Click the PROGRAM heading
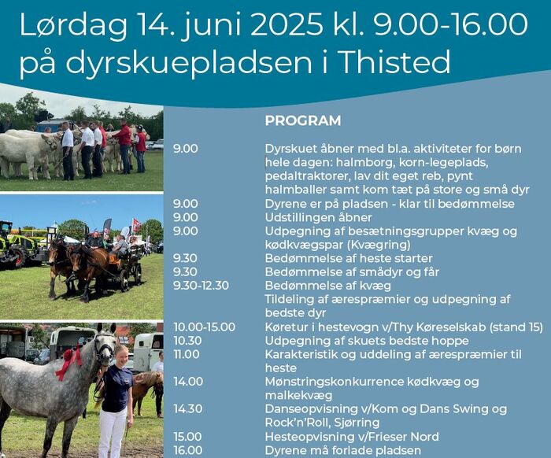coord(303,120)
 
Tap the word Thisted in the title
coord(396,62)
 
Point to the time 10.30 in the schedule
coord(187,341)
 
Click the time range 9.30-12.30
coord(201,286)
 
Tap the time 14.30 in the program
coord(188,409)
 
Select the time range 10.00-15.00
coord(204,327)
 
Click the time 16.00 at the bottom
coord(188,450)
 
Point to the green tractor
coord(13,245)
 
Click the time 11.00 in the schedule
coord(187,354)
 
